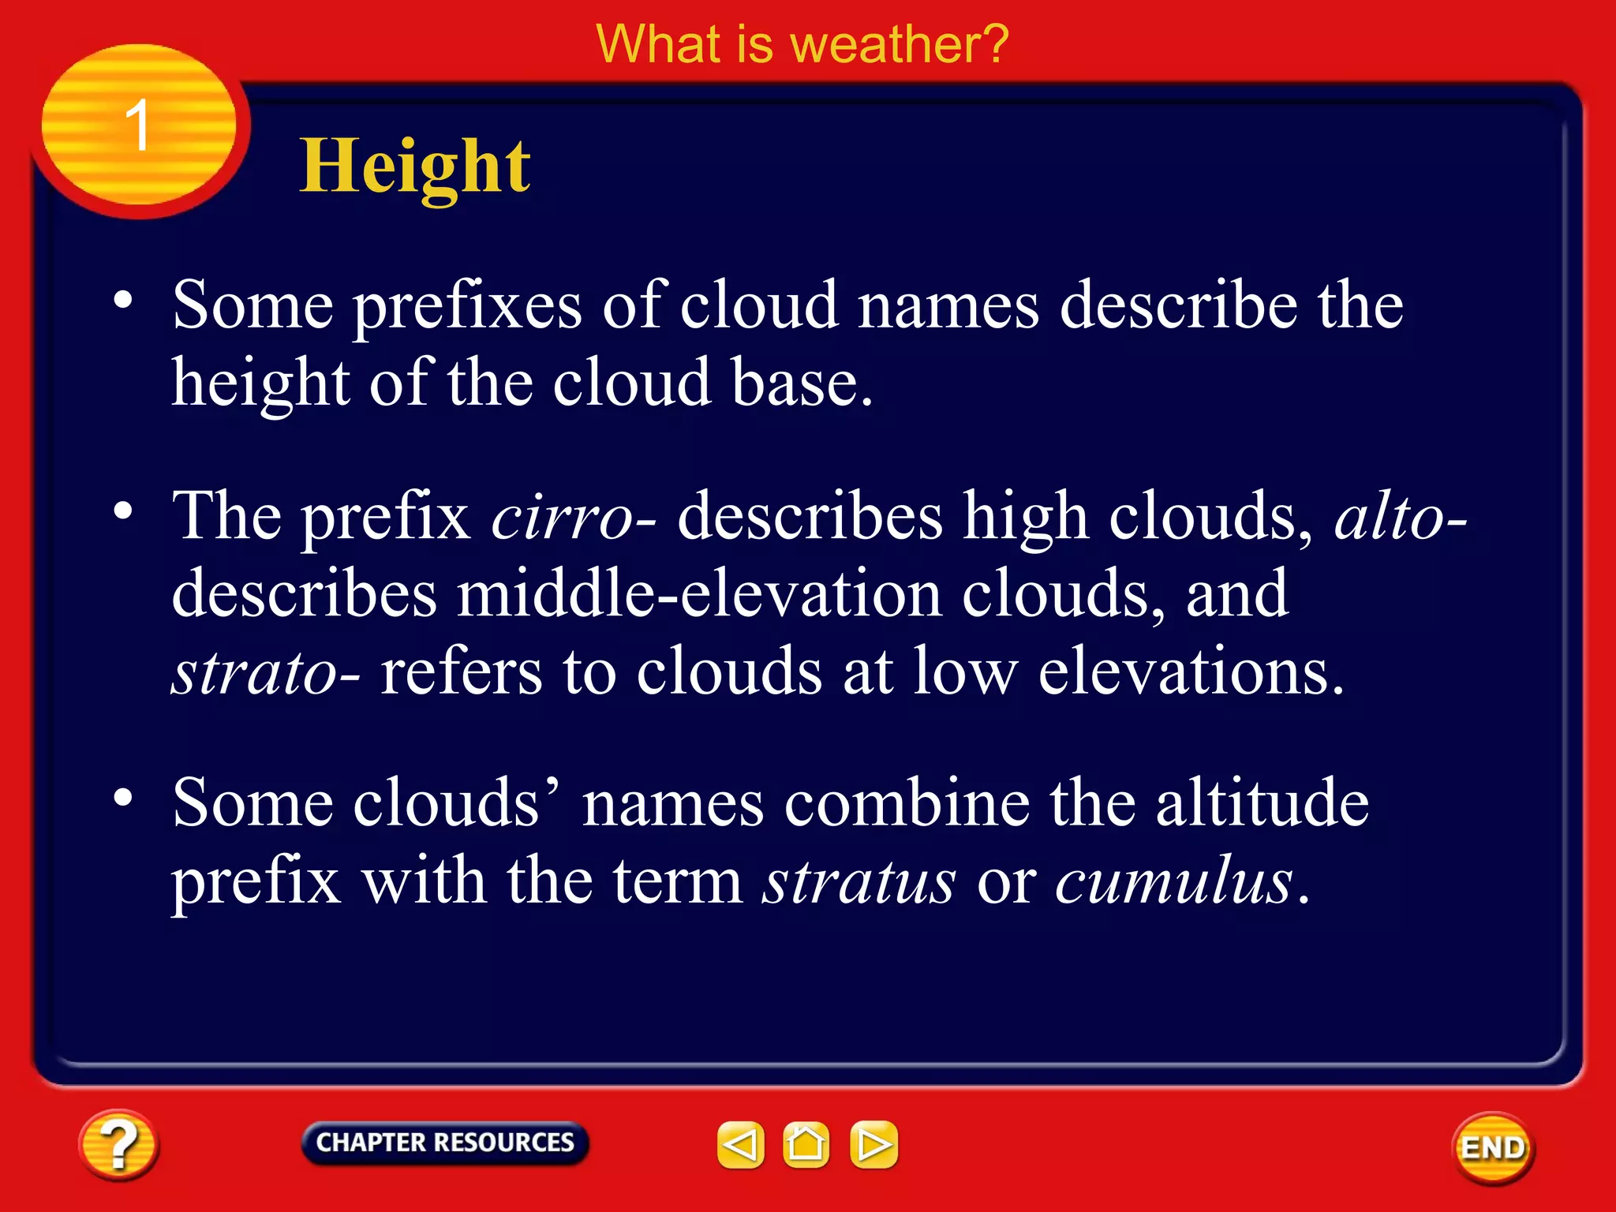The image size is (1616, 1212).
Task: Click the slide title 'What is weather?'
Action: coord(802,44)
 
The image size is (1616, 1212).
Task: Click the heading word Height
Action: coord(415,166)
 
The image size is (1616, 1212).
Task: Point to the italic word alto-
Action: coord(1400,518)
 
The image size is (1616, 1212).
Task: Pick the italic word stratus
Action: coord(859,881)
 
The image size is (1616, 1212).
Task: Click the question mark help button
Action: coord(118,1145)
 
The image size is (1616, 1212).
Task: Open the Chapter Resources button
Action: coord(445,1143)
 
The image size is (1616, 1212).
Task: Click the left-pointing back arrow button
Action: coord(740,1144)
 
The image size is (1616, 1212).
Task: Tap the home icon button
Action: coord(806,1144)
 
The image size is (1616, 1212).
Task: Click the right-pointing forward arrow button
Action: coord(873,1144)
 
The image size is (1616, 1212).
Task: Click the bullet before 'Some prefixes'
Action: coord(122,300)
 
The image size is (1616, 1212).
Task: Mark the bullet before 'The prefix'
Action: coord(122,511)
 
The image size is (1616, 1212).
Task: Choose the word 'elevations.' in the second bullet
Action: coord(1191,672)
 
